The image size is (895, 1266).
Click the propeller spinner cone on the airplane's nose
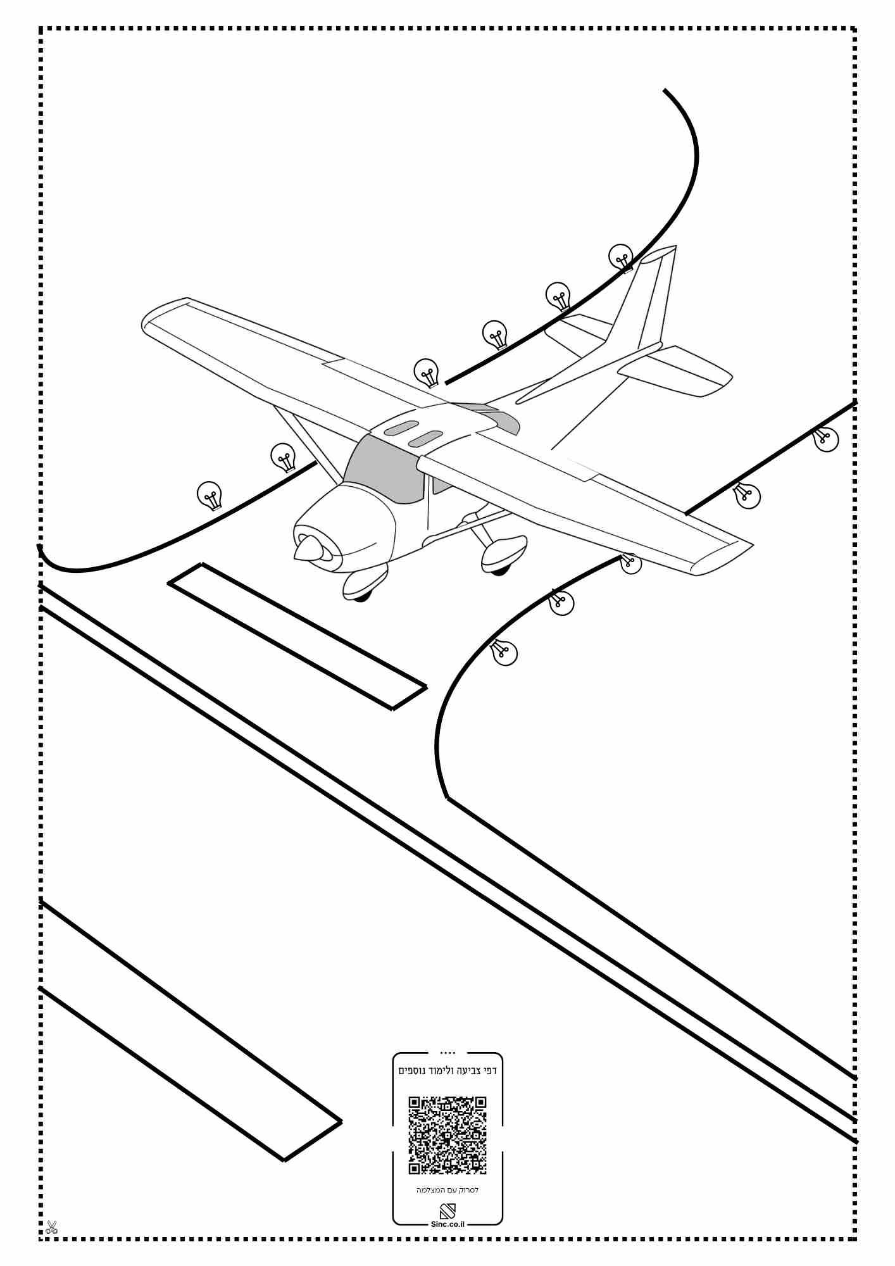[306, 548]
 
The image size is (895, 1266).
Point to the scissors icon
[51, 1227]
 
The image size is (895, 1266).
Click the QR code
[447, 1135]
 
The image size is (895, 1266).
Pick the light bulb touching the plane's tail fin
[621, 258]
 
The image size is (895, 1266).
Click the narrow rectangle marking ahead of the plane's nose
[297, 636]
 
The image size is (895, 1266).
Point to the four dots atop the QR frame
[447, 1053]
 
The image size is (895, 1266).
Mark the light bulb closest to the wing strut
[283, 457]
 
